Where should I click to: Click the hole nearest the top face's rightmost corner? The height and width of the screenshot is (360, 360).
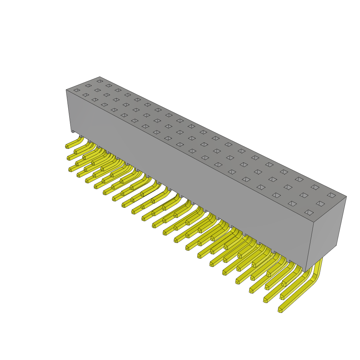[331, 195]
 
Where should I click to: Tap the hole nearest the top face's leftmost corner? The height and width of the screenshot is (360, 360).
[77, 90]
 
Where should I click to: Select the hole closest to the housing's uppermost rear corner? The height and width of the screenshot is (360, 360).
[100, 81]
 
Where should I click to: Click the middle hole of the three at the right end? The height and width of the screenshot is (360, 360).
[320, 204]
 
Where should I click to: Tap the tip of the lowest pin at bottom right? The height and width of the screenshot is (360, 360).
[280, 310]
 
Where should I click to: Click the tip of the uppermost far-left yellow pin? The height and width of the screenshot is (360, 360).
[67, 146]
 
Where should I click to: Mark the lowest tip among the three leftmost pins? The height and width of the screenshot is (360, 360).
[70, 170]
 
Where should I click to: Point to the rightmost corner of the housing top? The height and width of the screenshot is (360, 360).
[346, 197]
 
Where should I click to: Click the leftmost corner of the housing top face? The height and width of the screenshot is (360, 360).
[66, 90]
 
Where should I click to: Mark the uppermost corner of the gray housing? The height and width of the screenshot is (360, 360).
[100, 77]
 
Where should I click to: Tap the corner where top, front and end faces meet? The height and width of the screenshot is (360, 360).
[314, 222]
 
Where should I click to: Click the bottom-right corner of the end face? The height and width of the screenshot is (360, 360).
[336, 245]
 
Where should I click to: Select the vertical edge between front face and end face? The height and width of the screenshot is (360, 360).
[309, 246]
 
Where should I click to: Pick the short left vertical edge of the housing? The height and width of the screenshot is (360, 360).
[69, 111]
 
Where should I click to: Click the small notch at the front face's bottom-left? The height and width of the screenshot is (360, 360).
[73, 131]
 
